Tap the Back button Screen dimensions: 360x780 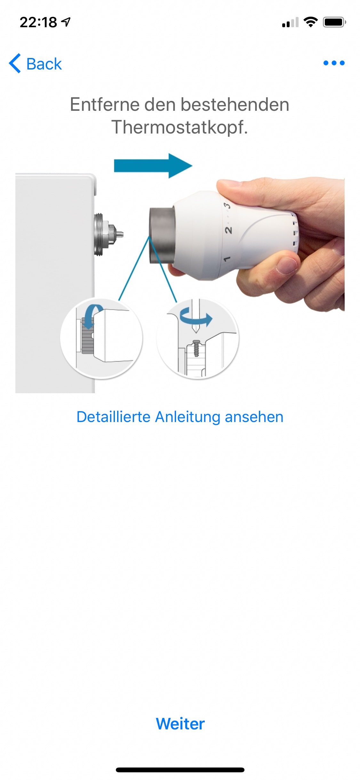click(x=35, y=63)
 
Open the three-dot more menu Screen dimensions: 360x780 click(x=334, y=63)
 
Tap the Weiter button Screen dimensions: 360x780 click(x=180, y=724)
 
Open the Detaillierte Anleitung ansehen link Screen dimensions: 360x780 click(x=180, y=417)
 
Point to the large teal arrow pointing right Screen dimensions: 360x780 click(x=153, y=166)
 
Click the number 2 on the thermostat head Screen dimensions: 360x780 click(x=228, y=230)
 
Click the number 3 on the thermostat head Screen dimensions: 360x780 click(x=227, y=205)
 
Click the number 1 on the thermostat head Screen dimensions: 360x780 click(x=227, y=259)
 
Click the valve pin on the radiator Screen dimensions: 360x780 click(x=119, y=234)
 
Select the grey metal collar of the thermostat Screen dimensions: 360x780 click(x=162, y=235)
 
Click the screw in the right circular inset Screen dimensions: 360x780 click(x=196, y=348)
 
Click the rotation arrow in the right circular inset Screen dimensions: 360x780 click(x=196, y=317)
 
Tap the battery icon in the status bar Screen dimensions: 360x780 click(x=334, y=22)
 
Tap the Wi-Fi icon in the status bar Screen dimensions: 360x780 click(x=310, y=22)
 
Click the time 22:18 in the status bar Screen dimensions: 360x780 click(x=38, y=22)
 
